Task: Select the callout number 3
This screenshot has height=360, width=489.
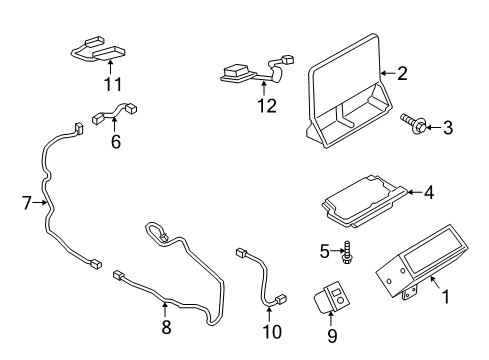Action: (448, 126)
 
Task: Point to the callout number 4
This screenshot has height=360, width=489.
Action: (428, 192)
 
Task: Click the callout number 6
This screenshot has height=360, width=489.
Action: (116, 143)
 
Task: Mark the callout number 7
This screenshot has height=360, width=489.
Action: (27, 203)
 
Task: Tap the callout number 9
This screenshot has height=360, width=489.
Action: (330, 337)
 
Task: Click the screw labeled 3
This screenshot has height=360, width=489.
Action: (416, 124)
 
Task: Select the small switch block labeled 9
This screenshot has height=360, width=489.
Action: (330, 297)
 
